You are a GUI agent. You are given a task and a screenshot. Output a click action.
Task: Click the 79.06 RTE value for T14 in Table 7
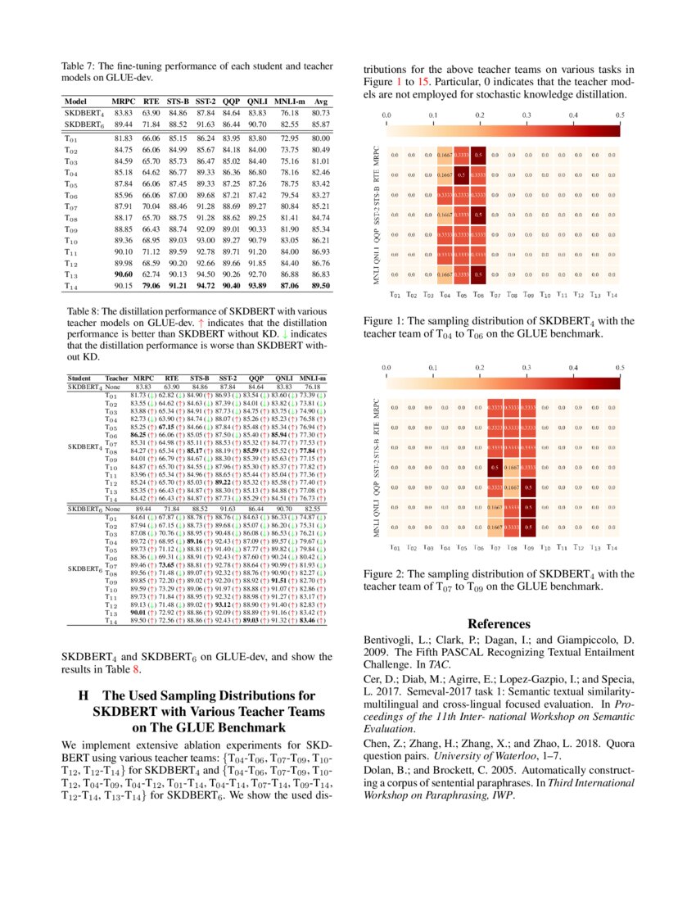coord(151,285)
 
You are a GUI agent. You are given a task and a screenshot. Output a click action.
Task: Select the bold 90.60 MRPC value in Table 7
coord(124,274)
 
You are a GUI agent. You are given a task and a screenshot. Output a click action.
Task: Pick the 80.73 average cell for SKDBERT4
coord(321,111)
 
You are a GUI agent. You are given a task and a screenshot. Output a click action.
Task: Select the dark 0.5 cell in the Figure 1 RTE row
coord(461,174)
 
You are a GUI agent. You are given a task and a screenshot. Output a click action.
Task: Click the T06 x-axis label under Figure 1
coord(479,295)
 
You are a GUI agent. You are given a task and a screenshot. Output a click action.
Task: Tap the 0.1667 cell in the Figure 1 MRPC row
coord(445,154)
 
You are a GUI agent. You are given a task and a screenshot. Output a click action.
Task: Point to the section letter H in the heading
coord(84,695)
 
